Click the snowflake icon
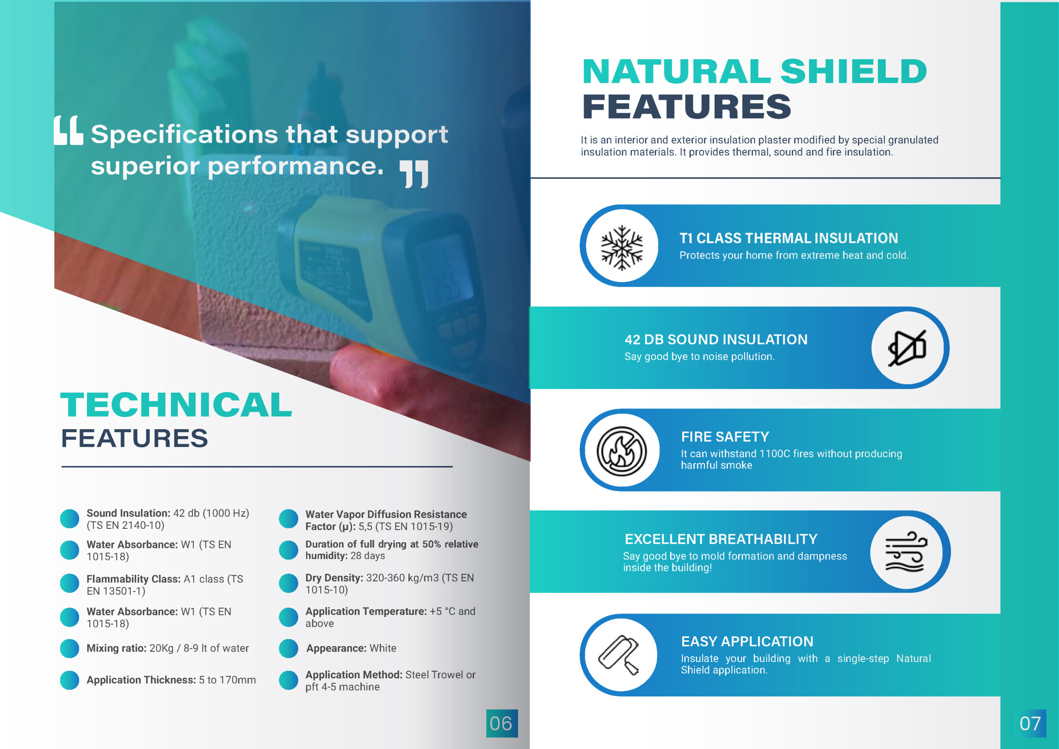(x=622, y=247)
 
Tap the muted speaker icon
(x=907, y=348)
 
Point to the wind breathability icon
(x=906, y=552)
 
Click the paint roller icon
(x=618, y=655)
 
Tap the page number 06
(x=501, y=723)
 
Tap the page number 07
(x=1030, y=723)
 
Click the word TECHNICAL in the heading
(x=176, y=405)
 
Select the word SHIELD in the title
(x=853, y=72)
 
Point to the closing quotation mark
(x=414, y=174)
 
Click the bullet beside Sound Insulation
(x=69, y=519)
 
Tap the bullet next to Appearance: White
(x=289, y=648)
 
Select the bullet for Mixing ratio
(x=69, y=648)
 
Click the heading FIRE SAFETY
(x=725, y=437)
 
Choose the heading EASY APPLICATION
(x=747, y=641)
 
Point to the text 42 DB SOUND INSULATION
(x=716, y=340)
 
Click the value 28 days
(x=368, y=556)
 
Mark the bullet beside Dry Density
(x=289, y=583)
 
